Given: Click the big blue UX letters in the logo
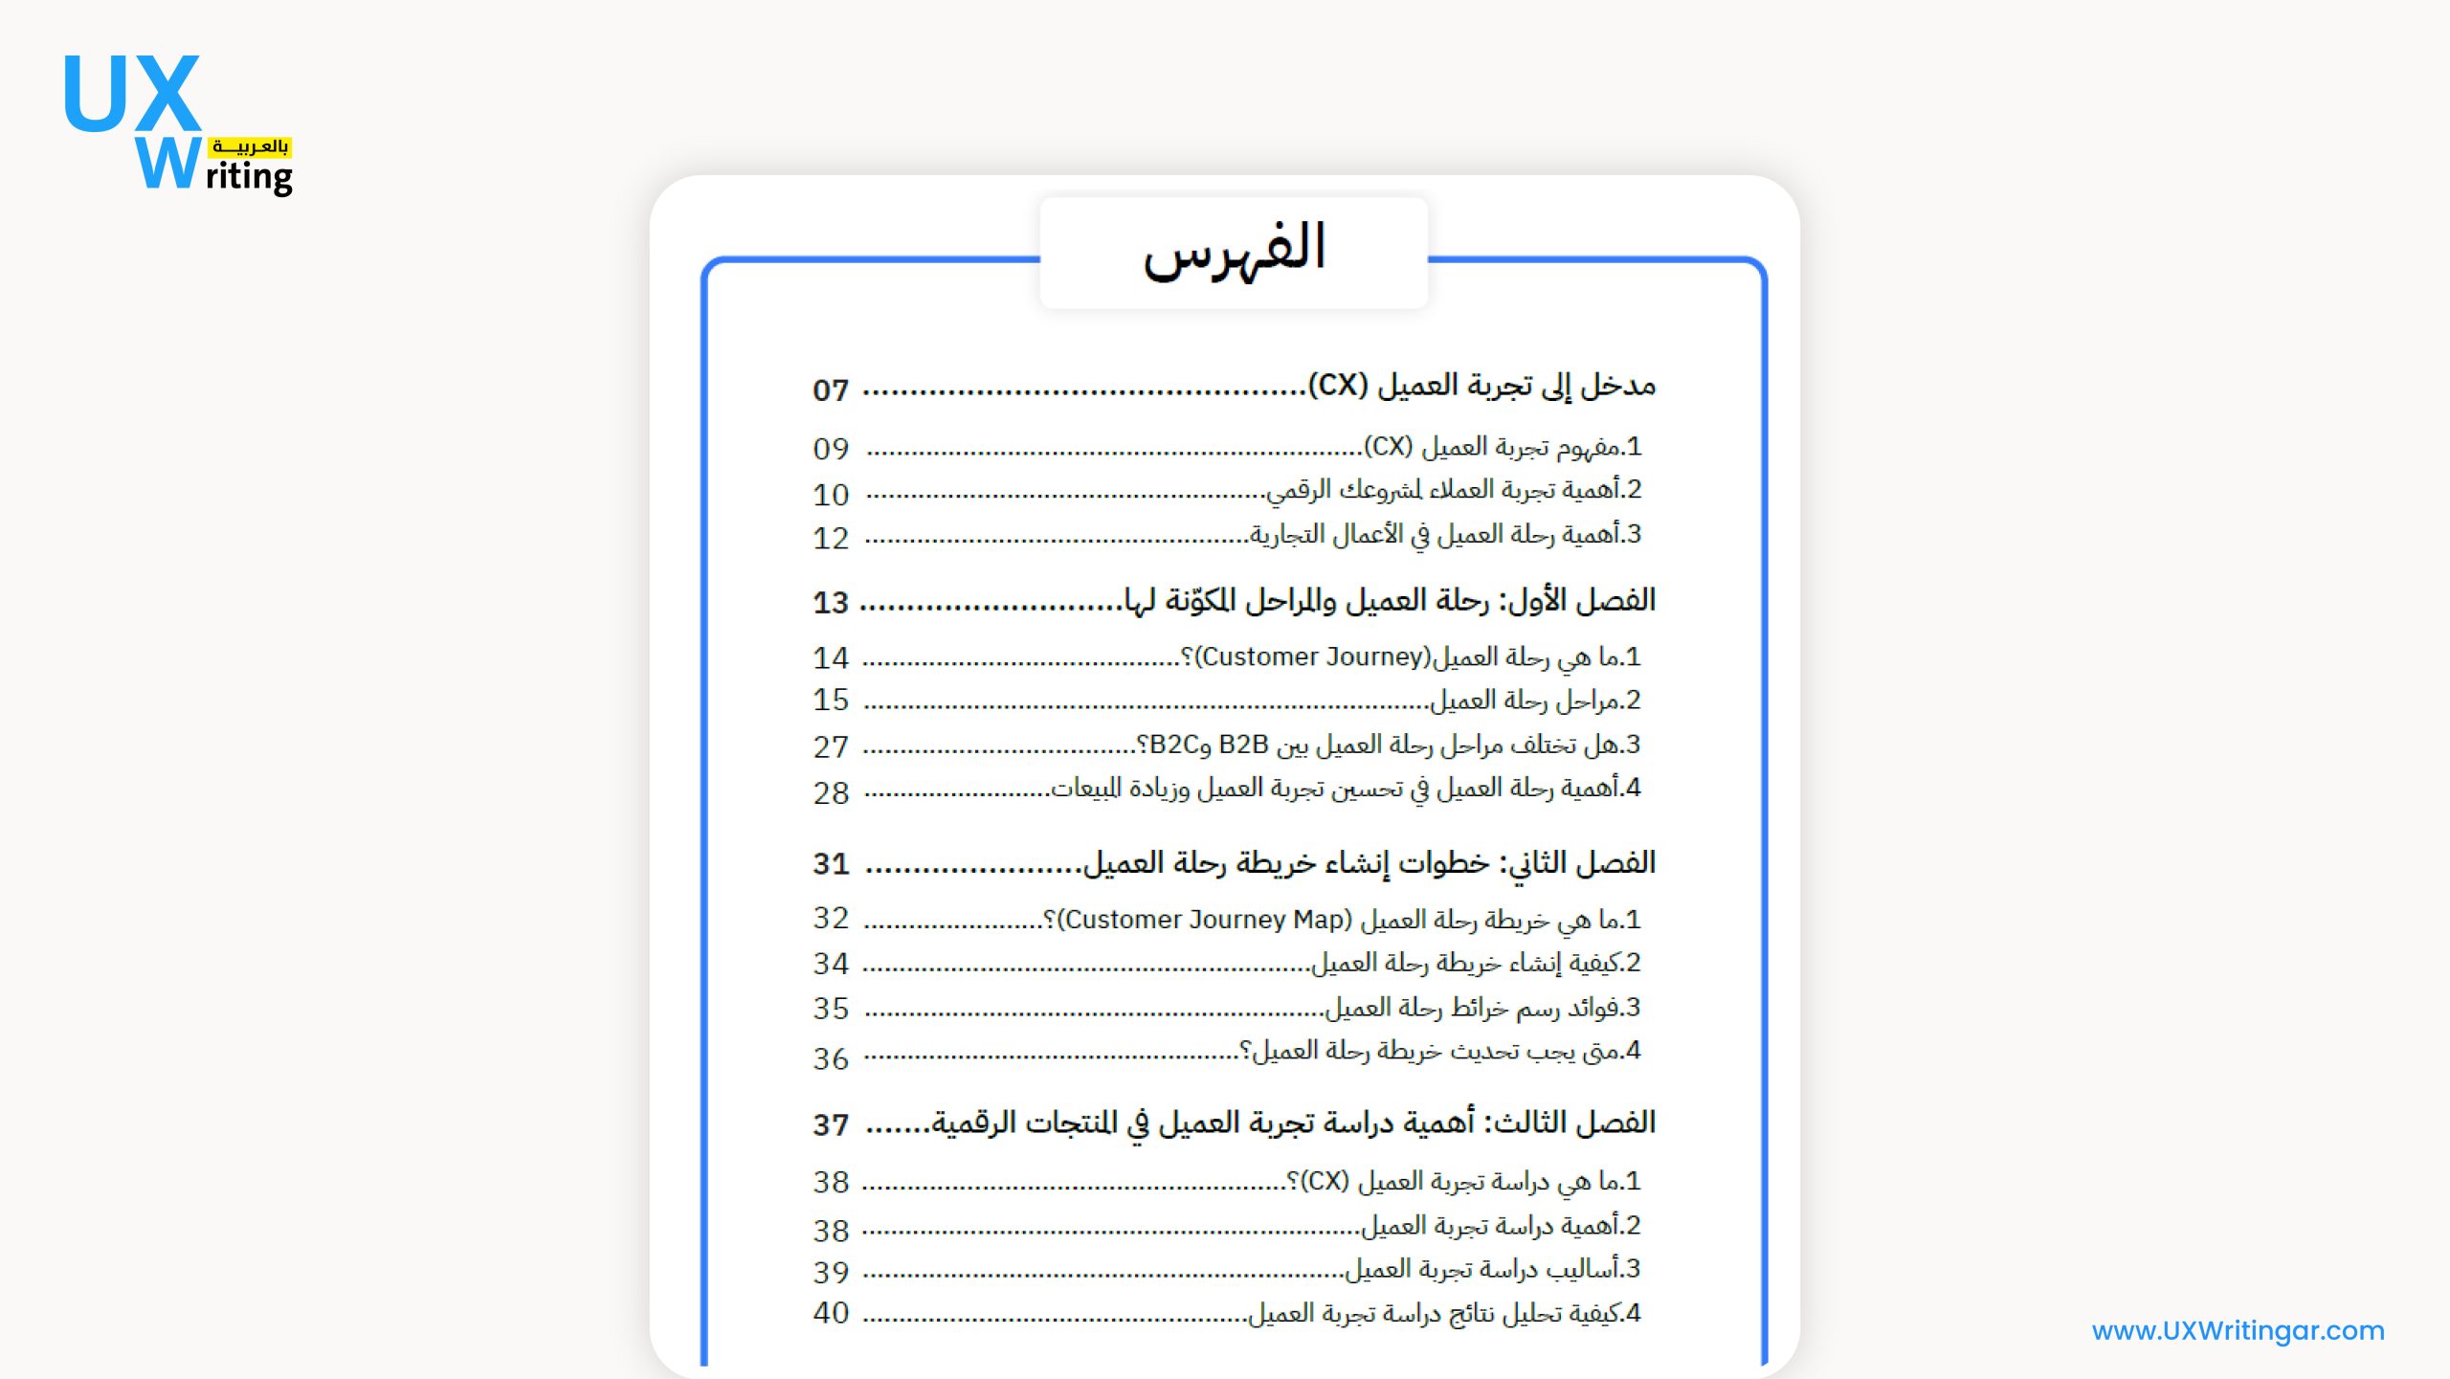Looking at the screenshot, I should click(x=132, y=94).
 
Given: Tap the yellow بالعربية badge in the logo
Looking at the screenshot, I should click(x=250, y=146).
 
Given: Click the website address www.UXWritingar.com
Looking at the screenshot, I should click(x=2238, y=1330).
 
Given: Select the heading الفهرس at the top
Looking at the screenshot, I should click(x=1234, y=251).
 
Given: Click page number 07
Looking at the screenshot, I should click(x=831, y=390).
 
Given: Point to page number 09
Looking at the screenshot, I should click(x=831, y=449).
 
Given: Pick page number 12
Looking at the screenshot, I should click(x=831, y=539).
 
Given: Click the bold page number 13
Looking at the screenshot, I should click(x=831, y=603).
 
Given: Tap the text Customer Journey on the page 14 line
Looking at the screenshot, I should click(x=1311, y=657).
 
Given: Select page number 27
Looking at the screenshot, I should click(x=831, y=746).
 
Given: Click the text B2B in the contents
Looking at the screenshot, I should click(x=1243, y=745).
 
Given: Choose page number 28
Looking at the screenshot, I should click(x=831, y=793).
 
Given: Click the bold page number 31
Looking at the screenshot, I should click(x=831, y=864).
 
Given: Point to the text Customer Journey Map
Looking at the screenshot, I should click(x=1205, y=920).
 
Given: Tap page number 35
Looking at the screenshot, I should click(x=831, y=1009).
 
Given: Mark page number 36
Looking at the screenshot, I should click(x=831, y=1058).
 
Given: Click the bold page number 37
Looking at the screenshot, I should click(x=831, y=1125).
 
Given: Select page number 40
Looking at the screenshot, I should click(x=831, y=1313).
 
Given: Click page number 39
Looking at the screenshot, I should click(x=831, y=1273).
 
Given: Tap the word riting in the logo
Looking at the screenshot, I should click(x=249, y=177).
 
